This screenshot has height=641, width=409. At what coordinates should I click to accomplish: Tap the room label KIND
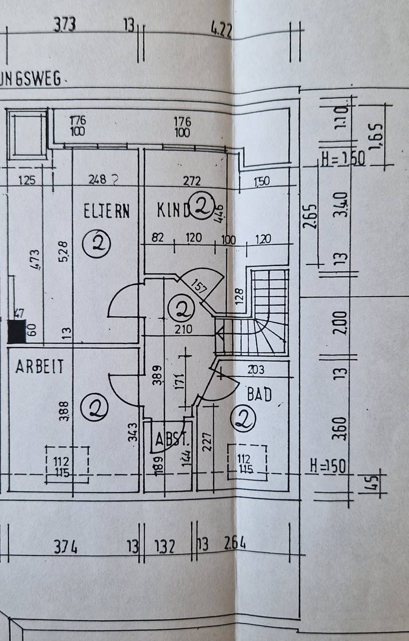click(x=173, y=210)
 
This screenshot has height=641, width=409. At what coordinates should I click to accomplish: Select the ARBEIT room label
click(x=40, y=367)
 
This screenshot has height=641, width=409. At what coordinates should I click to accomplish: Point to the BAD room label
click(x=259, y=394)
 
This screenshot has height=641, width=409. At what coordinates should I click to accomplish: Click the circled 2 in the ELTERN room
click(x=97, y=244)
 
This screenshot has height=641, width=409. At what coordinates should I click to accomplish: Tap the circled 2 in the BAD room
click(x=245, y=420)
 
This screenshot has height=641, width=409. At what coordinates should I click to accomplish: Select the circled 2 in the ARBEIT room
click(x=94, y=408)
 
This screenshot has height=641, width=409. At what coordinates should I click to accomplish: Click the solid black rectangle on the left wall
click(x=16, y=331)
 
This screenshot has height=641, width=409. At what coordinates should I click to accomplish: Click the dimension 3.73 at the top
click(x=65, y=25)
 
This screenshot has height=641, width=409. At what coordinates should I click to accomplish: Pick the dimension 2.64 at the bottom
click(x=235, y=544)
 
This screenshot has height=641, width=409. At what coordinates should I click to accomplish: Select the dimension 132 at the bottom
click(x=164, y=546)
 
